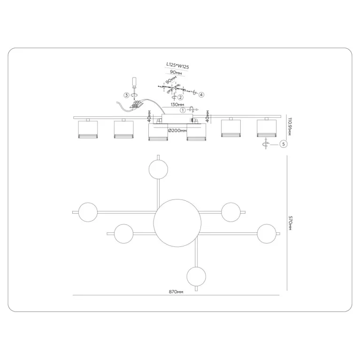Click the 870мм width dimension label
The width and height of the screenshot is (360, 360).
click(176, 292)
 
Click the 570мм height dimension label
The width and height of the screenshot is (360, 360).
click(290, 222)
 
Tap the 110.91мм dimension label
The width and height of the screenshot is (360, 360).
click(290, 127)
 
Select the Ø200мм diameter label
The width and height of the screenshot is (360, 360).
click(177, 130)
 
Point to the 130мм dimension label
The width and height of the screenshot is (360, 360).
click(177, 105)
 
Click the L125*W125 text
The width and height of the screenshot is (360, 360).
click(177, 66)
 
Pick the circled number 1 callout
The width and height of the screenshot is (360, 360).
click(183, 110)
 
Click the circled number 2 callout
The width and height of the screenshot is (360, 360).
click(181, 97)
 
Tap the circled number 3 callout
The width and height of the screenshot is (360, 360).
click(127, 95)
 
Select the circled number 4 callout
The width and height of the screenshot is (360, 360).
click(201, 95)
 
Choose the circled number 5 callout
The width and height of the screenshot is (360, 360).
click(283, 144)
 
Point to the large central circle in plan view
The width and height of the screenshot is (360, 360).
click(177, 223)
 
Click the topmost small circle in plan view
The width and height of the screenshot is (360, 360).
click(158, 169)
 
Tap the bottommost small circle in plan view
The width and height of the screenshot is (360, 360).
click(196, 276)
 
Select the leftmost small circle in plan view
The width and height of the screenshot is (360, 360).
click(88, 212)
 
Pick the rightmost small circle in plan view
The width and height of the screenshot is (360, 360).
click(267, 234)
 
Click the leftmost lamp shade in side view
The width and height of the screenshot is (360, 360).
click(88, 130)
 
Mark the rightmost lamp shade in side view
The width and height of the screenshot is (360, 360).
click(267, 128)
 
